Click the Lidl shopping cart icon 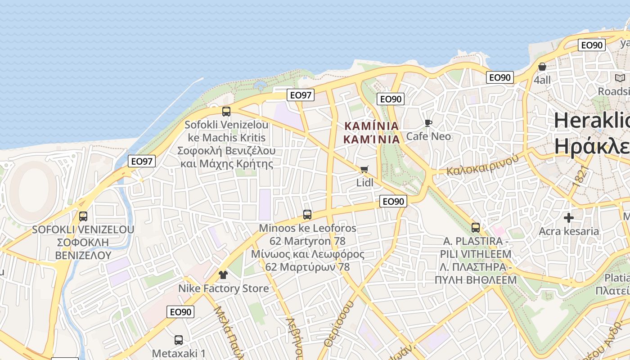pyautogui.click(x=364, y=170)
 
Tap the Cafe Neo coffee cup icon pyautogui.click(x=428, y=123)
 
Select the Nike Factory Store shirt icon pyautogui.click(x=223, y=274)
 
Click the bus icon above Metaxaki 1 pyautogui.click(x=179, y=340)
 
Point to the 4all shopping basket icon pyautogui.click(x=542, y=67)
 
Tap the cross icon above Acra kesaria pyautogui.click(x=569, y=218)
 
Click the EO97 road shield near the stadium pyautogui.click(x=142, y=161)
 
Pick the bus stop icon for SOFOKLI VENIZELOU pyautogui.click(x=83, y=216)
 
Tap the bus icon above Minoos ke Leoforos pyautogui.click(x=307, y=215)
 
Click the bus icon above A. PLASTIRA pyautogui.click(x=476, y=228)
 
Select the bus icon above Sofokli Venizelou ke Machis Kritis pyautogui.click(x=226, y=111)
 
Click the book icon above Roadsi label pyautogui.click(x=620, y=78)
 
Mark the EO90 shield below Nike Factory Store pyautogui.click(x=180, y=312)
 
